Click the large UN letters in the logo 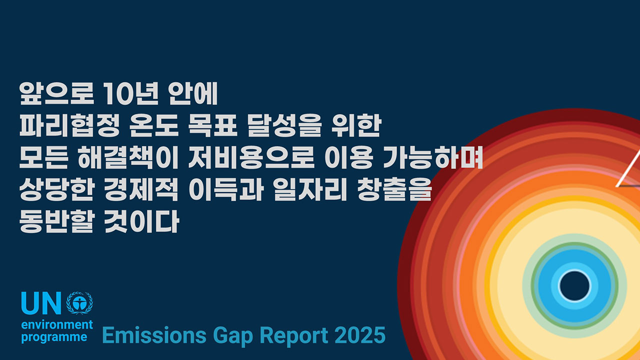41,303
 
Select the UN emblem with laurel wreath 80,303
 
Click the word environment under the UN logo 57,325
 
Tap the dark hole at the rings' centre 574,286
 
